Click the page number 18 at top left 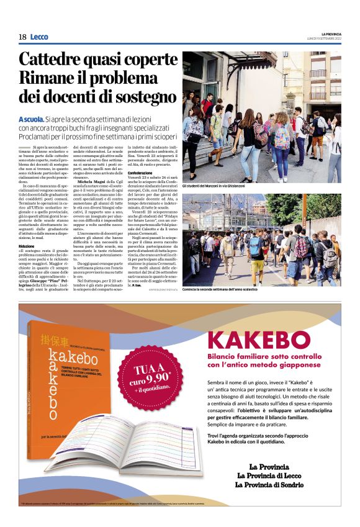pos(22,37)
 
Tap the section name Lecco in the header pos(38,37)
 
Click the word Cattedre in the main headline pos(53,60)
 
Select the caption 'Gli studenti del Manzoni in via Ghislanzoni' pos(215,186)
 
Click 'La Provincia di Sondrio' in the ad pos(276,485)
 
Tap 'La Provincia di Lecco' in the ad pos(276,475)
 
